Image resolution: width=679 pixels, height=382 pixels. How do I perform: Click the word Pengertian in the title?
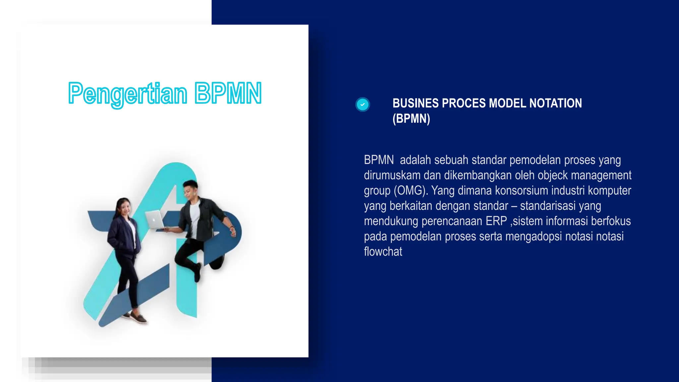click(128, 94)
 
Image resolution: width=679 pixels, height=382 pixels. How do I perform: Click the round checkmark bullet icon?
click(362, 104)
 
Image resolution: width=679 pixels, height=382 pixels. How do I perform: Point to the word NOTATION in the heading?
click(555, 103)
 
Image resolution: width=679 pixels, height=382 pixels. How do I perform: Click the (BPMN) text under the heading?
click(411, 118)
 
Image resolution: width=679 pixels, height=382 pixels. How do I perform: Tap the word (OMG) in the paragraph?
click(411, 191)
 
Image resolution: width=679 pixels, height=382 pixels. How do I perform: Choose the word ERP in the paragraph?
click(496, 221)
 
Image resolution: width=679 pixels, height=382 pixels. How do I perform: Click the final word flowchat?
click(383, 252)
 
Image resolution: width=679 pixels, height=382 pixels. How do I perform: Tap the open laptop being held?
click(155, 220)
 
